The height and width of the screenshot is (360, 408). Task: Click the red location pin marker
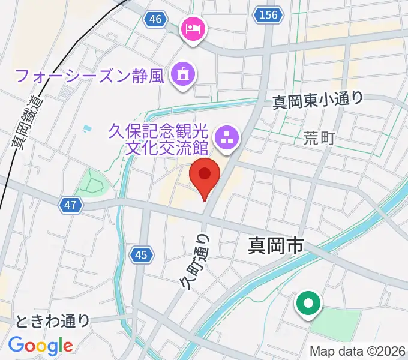point(205,175)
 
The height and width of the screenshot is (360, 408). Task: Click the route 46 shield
point(155,20)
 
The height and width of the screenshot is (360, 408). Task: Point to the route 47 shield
point(71,206)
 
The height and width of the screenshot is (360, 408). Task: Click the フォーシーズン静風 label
point(90,76)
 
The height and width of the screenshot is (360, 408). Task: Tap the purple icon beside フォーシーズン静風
point(181,74)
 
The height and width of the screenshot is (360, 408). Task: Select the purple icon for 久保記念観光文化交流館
point(227,137)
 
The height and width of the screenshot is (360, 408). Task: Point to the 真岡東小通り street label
point(318,99)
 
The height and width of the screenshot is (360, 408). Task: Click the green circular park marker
point(308,303)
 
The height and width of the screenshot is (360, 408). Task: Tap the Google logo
point(40,346)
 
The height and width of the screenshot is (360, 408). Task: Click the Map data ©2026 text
point(357,351)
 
